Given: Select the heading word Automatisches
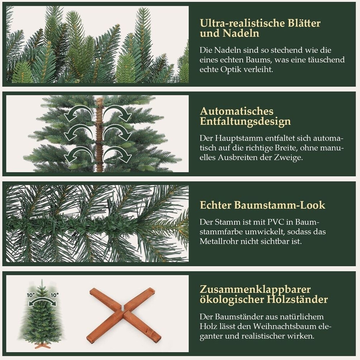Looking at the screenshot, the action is click(x=237, y=111).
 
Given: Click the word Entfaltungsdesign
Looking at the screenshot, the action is click(x=245, y=121).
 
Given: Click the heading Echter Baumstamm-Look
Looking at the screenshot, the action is click(x=263, y=205).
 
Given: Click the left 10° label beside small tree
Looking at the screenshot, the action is click(x=31, y=295).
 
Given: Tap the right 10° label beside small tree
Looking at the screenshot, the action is click(x=54, y=295).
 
